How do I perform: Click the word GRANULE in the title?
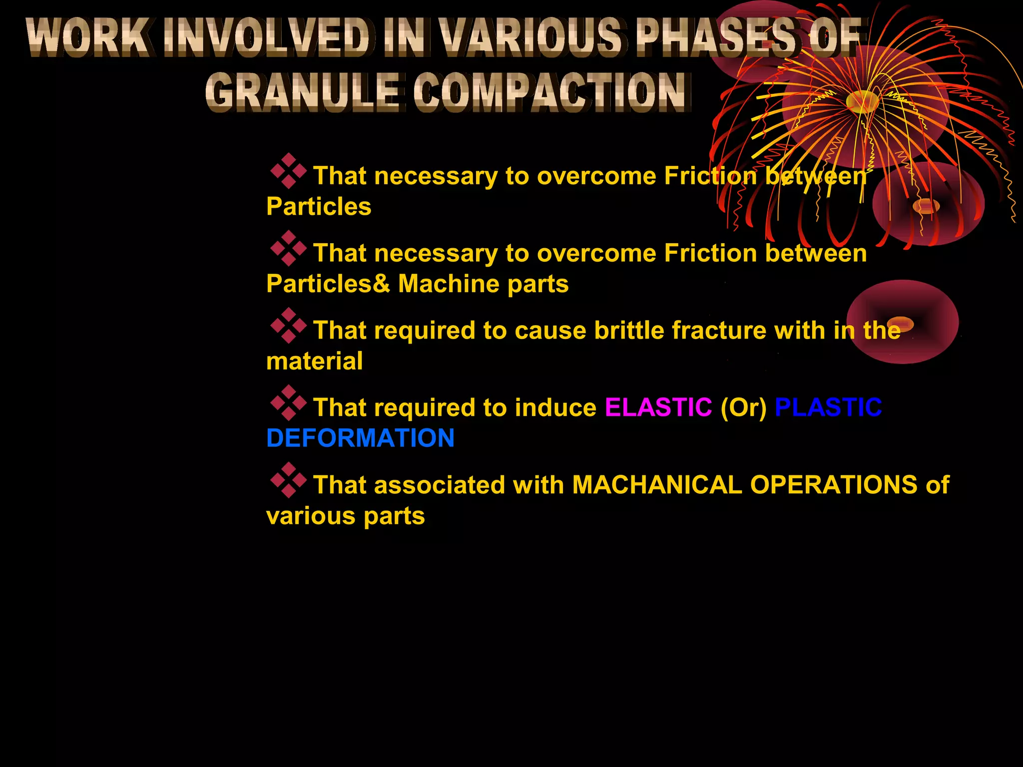point(301,92)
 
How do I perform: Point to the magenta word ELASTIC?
point(658,407)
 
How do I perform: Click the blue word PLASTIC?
point(828,407)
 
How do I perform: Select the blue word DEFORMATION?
point(360,438)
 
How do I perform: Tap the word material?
point(314,361)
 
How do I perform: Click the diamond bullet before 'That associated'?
point(288,480)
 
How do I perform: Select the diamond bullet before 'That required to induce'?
point(288,402)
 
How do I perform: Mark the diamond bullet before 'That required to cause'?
point(288,326)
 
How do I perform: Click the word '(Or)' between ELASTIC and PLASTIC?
point(743,407)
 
